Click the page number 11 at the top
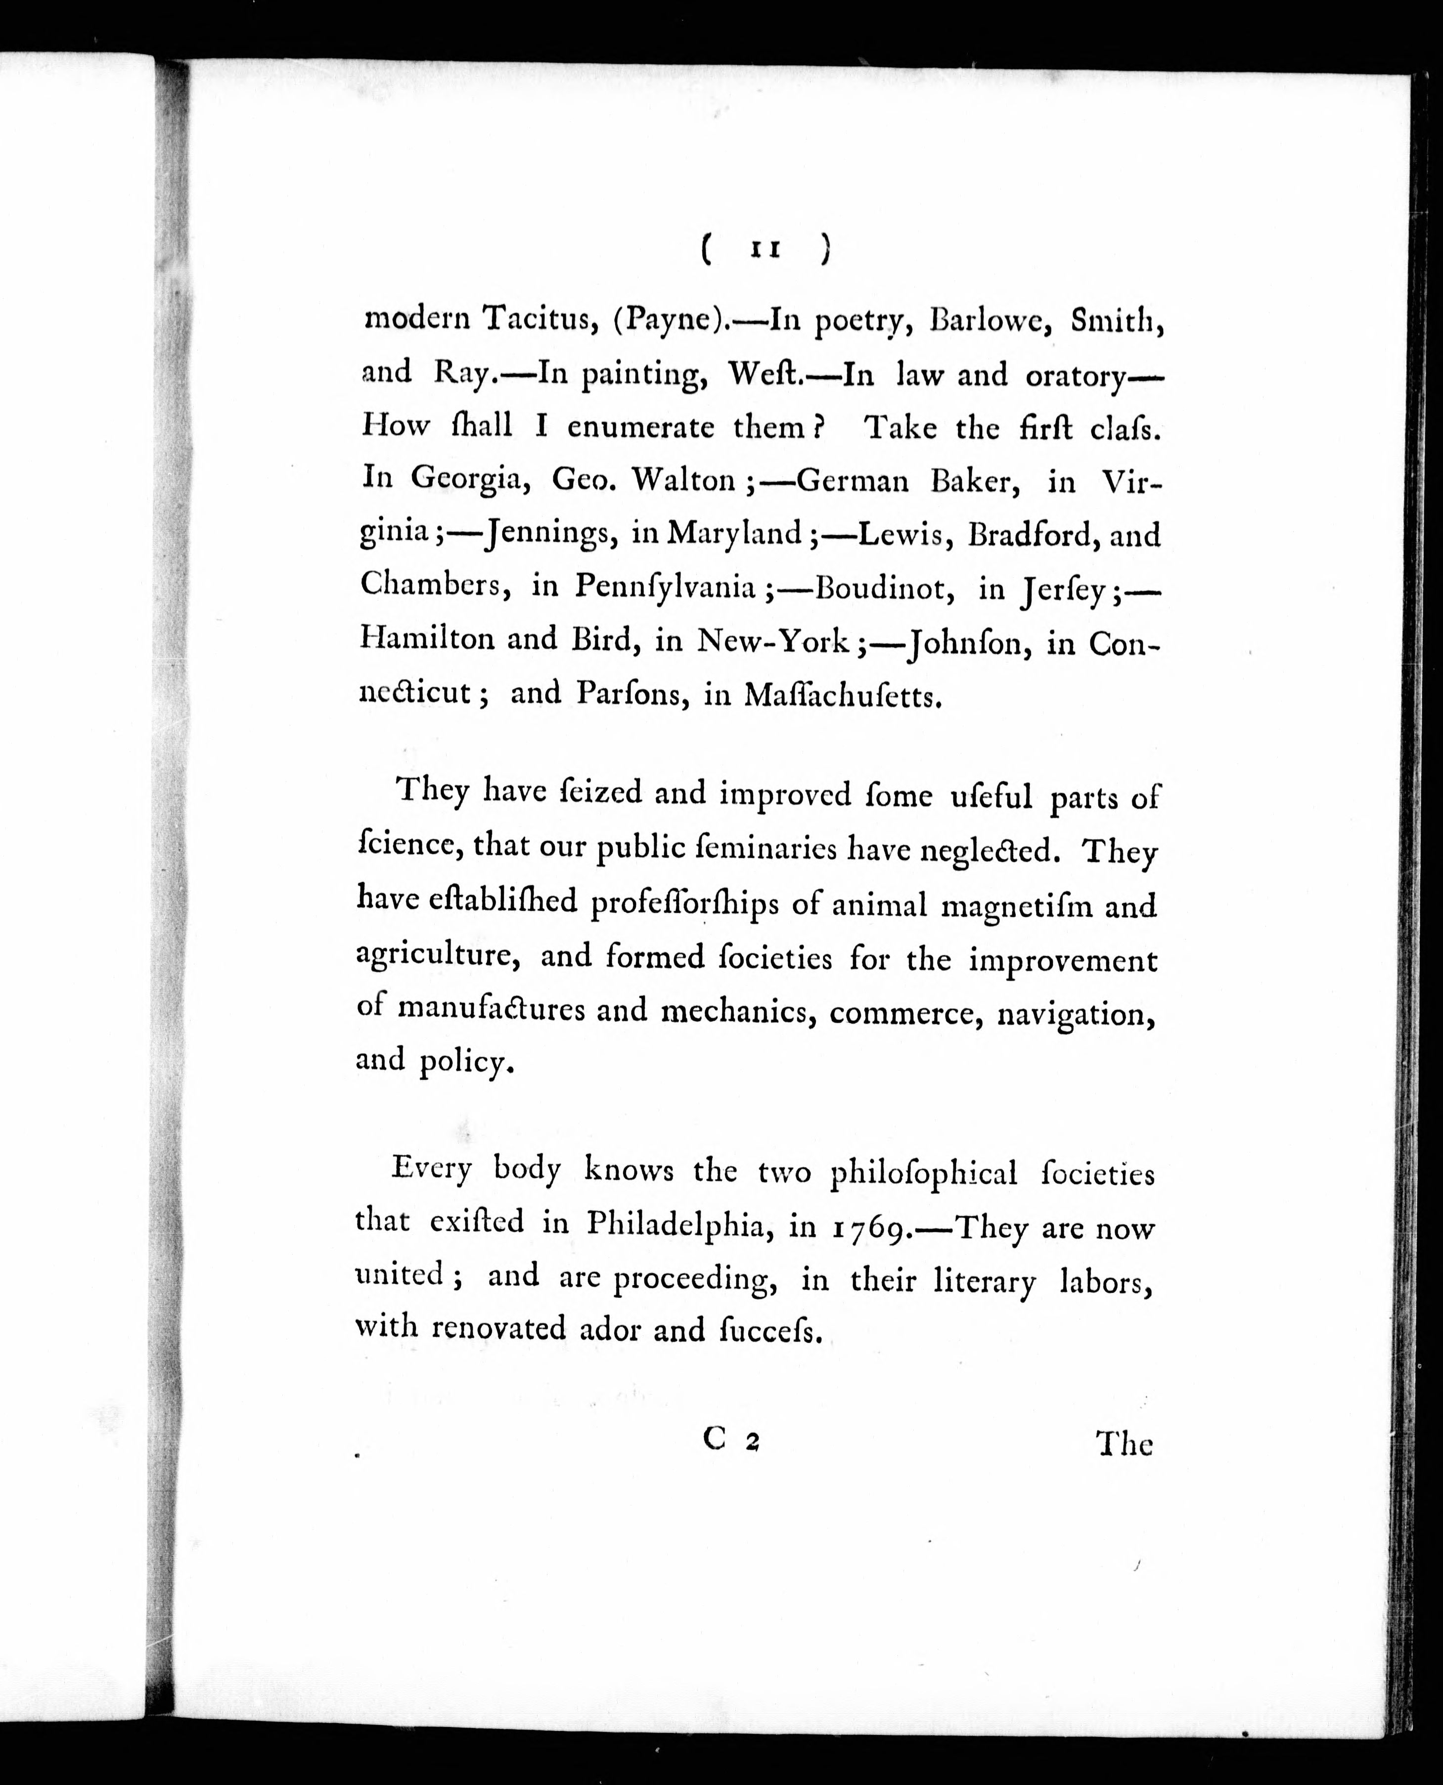click(766, 249)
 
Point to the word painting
click(645, 375)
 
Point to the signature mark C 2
click(731, 1441)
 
